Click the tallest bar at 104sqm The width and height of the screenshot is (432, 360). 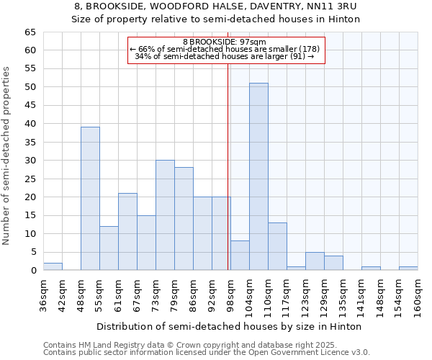[x=258, y=176]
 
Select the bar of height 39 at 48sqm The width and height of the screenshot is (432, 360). [x=90, y=199]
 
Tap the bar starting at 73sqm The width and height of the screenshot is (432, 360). [x=165, y=215]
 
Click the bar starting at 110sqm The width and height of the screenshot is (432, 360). [x=277, y=246]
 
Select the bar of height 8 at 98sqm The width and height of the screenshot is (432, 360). [x=240, y=256]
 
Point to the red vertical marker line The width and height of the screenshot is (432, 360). [x=228, y=166]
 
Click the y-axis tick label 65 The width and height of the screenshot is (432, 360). [x=30, y=32]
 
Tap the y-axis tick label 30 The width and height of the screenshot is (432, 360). [x=30, y=161]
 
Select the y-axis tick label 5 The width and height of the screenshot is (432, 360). [x=32, y=252]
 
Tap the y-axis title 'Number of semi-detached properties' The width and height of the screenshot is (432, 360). [x=7, y=156]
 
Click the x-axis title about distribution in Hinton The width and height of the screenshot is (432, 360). [x=228, y=326]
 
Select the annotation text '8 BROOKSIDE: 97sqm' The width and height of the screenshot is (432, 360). [x=226, y=42]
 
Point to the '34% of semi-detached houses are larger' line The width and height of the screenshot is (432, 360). [x=225, y=56]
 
